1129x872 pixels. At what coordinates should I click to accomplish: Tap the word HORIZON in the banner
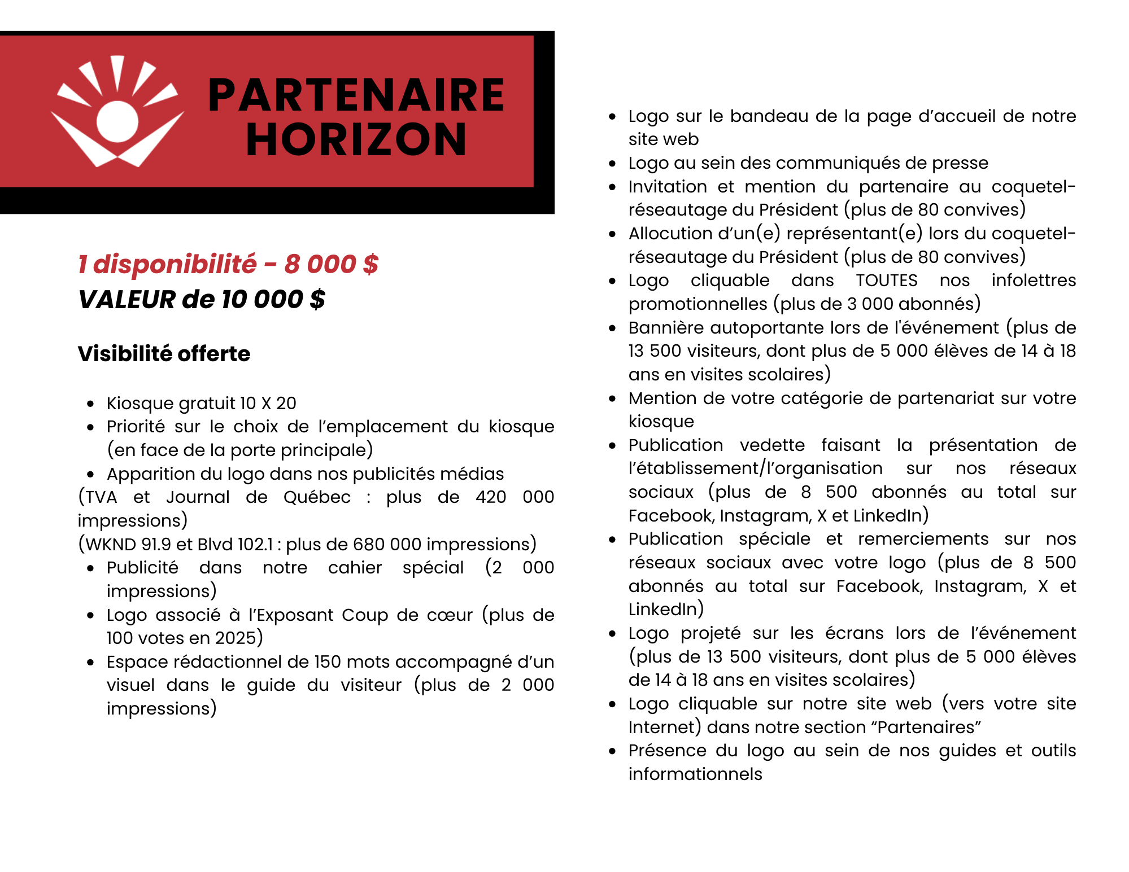[356, 140]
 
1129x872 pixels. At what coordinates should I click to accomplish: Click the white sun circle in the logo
[117, 121]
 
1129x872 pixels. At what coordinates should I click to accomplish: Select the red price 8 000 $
[331, 264]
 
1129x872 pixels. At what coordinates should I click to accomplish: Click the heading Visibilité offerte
[164, 354]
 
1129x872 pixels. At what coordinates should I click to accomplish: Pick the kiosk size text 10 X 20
[268, 403]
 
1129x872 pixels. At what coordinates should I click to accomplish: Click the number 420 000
[515, 497]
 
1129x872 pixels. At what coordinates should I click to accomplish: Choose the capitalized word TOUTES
[887, 281]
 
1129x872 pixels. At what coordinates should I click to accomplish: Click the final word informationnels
[695, 774]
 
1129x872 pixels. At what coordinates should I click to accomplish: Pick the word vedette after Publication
[772, 445]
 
